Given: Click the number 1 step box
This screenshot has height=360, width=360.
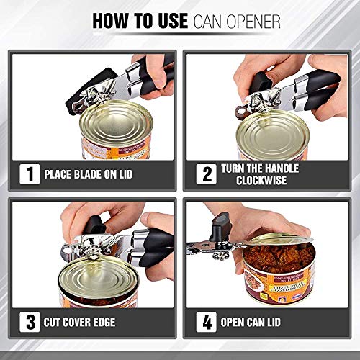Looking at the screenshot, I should (28, 174).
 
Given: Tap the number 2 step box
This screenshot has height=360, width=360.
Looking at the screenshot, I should (206, 174).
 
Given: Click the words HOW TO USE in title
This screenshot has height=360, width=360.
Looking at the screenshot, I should (140, 21).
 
